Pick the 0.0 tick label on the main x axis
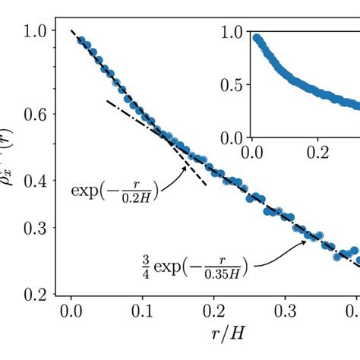(x=71, y=313)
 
